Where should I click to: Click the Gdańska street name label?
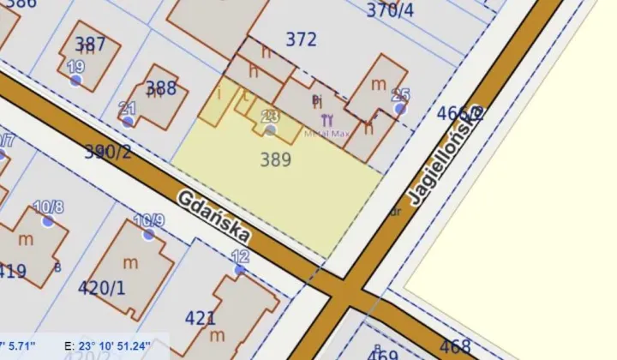tap(215, 216)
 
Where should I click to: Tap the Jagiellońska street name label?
tap(446, 155)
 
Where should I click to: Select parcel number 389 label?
tap(275, 159)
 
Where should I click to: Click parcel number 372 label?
tap(301, 39)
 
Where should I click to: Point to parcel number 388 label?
tap(161, 87)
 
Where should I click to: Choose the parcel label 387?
tap(90, 45)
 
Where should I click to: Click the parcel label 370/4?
tap(390, 10)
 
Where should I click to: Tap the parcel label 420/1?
tap(101, 287)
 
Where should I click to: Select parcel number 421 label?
tap(201, 318)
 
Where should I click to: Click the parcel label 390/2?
tap(108, 153)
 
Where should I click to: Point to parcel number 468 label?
tap(454, 347)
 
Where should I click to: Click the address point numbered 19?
tap(76, 80)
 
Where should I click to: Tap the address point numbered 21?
tap(128, 121)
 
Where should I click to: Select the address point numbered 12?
tap(240, 269)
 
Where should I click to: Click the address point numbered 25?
tap(399, 109)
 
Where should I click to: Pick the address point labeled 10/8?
tap(48, 220)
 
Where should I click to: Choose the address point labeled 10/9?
tap(149, 234)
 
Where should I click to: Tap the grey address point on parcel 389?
tap(271, 130)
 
